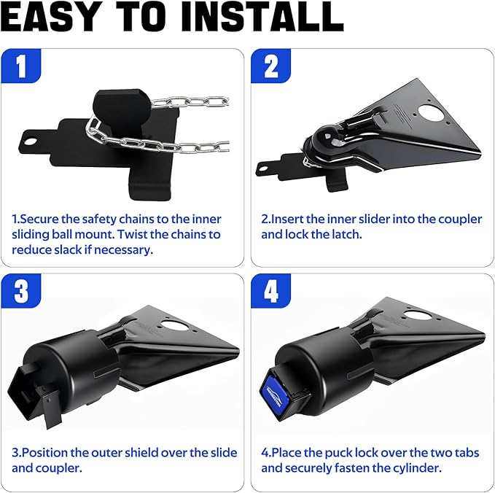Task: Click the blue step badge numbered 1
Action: point(21,67)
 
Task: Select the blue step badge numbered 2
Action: point(270,67)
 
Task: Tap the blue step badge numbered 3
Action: point(21,292)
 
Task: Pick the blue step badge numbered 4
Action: point(270,292)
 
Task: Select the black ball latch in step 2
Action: point(326,139)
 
